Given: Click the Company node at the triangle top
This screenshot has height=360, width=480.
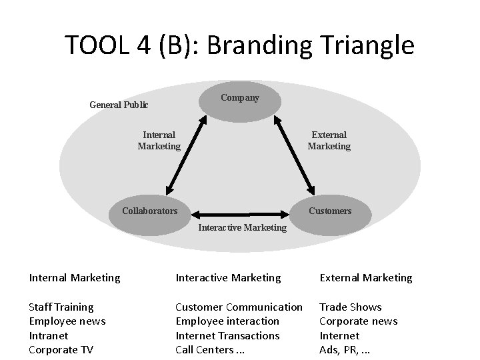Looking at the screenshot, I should pyautogui.click(x=240, y=98).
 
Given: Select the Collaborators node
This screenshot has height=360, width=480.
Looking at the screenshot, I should pyautogui.click(x=150, y=211).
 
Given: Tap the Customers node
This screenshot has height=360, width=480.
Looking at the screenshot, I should pyautogui.click(x=330, y=211).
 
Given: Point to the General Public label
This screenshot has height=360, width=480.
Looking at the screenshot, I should pyautogui.click(x=119, y=105).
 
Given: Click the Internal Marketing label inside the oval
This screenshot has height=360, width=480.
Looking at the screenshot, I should pyautogui.click(x=159, y=141).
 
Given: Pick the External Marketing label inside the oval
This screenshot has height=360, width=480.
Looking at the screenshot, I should pyautogui.click(x=329, y=141).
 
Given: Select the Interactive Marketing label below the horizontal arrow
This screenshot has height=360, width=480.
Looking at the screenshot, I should pyautogui.click(x=243, y=228).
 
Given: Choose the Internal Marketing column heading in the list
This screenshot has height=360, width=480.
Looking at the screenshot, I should pyautogui.click(x=75, y=277).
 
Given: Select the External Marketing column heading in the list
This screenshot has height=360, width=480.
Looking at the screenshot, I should pyautogui.click(x=366, y=277).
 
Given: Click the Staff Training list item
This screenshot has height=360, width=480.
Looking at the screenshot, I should pyautogui.click(x=61, y=307).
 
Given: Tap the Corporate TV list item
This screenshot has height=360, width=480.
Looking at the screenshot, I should pyautogui.click(x=61, y=350).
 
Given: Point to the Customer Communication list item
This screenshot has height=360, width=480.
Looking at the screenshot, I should pyautogui.click(x=239, y=307).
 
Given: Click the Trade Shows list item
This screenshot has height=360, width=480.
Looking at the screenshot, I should pyautogui.click(x=351, y=307).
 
